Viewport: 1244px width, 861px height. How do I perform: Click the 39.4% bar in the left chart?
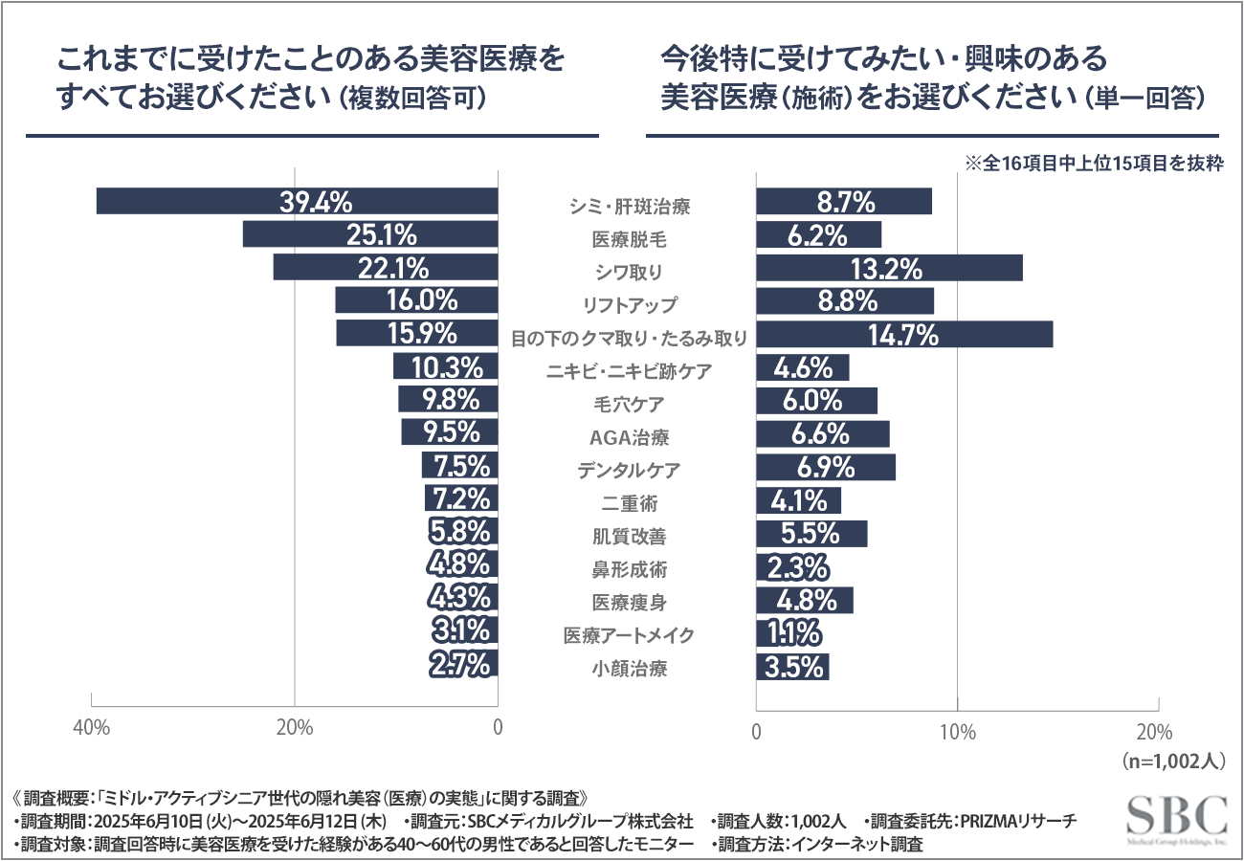(297, 202)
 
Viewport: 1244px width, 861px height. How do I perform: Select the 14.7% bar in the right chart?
(903, 335)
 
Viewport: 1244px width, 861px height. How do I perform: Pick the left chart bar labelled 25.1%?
(370, 234)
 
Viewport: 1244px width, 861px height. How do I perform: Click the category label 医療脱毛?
(628, 239)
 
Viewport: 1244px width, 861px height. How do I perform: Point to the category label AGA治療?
(628, 437)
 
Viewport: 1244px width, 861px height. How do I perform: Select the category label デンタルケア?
(628, 471)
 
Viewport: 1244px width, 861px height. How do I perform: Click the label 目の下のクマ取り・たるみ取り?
(628, 338)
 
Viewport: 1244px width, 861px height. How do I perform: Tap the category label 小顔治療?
(628, 668)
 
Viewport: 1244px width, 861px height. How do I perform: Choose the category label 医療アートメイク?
(628, 635)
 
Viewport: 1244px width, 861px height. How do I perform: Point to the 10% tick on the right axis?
(958, 733)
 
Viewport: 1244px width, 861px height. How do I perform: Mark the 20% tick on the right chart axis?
(1156, 733)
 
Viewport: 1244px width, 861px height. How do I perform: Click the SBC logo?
(1176, 818)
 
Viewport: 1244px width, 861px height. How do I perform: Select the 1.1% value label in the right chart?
(790, 633)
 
